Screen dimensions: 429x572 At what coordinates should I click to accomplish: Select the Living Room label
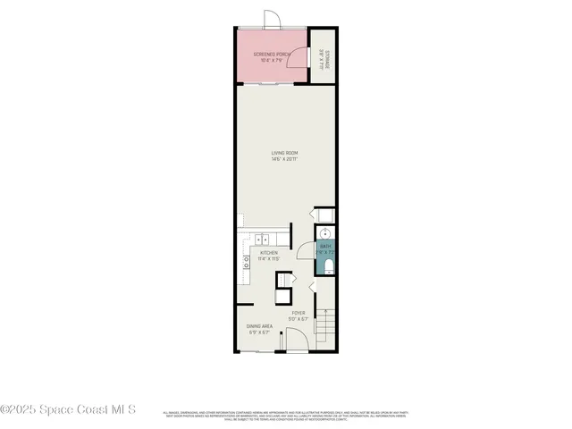pyautogui.click(x=285, y=153)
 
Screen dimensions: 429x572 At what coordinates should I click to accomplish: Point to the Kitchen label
pyautogui.click(x=268, y=253)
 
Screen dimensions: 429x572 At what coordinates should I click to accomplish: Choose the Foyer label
pyautogui.click(x=298, y=313)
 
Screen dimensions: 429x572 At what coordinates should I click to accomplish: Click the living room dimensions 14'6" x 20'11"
pyautogui.click(x=285, y=159)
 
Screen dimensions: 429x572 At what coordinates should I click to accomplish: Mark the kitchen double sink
pyautogui.click(x=262, y=239)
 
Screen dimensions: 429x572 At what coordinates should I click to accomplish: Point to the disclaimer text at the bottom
pyautogui.click(x=285, y=415)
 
